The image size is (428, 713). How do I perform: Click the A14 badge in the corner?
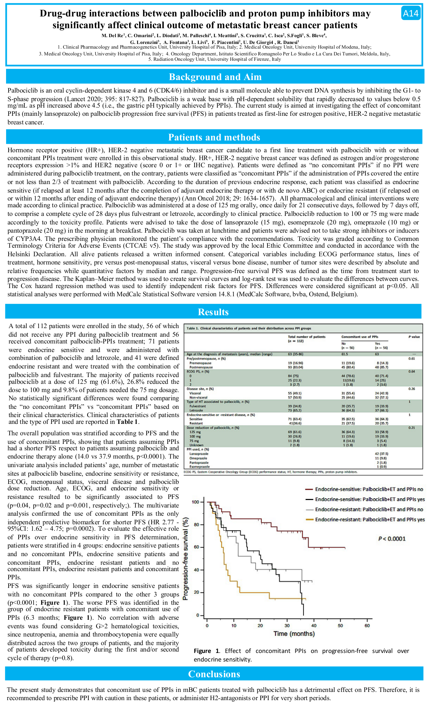click(410, 14)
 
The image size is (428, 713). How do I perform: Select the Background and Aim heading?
click(215, 77)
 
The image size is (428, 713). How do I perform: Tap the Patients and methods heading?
click(214, 137)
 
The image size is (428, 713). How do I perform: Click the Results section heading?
click(213, 312)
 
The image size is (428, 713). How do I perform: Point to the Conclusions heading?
click(214, 674)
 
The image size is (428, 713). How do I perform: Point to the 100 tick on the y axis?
click(195, 502)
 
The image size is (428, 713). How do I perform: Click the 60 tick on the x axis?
click(367, 625)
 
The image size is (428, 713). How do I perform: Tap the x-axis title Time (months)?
click(294, 634)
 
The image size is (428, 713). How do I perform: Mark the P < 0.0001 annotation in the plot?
click(392, 539)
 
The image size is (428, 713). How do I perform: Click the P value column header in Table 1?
click(414, 337)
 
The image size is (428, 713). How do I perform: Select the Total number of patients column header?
click(306, 337)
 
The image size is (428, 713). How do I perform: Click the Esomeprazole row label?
click(199, 467)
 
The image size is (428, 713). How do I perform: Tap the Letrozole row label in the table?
click(196, 411)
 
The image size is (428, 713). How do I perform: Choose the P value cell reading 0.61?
click(412, 358)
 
